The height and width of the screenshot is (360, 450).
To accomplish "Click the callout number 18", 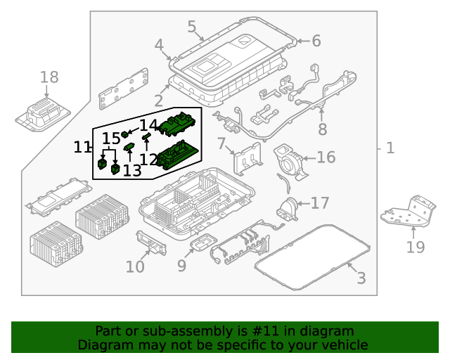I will [x=49, y=77].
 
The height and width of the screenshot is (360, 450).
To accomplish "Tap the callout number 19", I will [x=415, y=247].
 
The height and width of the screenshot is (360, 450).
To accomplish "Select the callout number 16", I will [x=326, y=157].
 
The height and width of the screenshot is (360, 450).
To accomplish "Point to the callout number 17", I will [x=319, y=203].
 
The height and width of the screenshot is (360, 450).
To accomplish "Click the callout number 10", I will [x=135, y=266].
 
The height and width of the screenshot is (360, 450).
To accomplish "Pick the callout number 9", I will [x=181, y=266].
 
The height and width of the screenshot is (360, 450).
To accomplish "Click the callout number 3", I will [x=361, y=278].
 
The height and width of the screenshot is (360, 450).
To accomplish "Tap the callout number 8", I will [x=322, y=129].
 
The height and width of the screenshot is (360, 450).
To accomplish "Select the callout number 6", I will [x=316, y=41].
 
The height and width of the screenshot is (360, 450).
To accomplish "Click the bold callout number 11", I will [x=82, y=147].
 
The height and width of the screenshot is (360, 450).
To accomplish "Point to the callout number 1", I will [x=390, y=148].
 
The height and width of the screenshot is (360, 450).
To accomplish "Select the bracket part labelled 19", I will [x=409, y=213].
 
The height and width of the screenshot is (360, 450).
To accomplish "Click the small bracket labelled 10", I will [x=150, y=243].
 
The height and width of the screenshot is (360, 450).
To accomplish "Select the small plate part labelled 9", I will [x=203, y=244].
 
